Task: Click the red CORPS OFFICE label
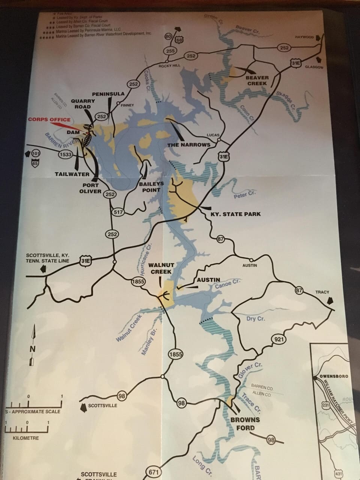pos(49,120)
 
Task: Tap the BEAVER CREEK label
pos(257,80)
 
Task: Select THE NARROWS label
pos(189,144)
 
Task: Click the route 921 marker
pos(277,340)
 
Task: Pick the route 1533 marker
pos(65,154)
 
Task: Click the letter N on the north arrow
pos(33,349)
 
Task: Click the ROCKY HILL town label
pos(169,65)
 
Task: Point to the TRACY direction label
pos(322,292)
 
